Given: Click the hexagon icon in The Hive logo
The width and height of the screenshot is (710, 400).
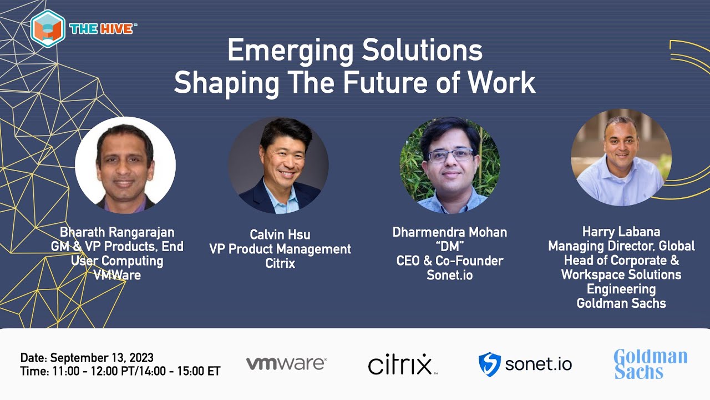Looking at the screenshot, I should (x=48, y=28).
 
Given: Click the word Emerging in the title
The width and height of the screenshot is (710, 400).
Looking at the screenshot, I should (x=290, y=52).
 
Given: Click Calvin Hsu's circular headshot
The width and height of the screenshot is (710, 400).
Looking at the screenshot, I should (x=278, y=165).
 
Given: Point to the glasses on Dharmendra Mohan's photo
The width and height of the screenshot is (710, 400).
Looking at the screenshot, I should (x=450, y=154).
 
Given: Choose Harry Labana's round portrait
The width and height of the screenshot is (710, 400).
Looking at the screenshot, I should (x=621, y=158).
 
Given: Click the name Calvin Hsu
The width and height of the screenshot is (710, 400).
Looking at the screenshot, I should (x=280, y=235).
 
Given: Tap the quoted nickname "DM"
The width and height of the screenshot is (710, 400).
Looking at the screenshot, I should (x=449, y=246).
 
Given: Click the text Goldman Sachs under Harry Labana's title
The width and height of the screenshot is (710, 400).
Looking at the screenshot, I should (x=621, y=303).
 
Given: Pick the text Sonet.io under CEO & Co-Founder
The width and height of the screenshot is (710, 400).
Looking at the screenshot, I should (x=449, y=274).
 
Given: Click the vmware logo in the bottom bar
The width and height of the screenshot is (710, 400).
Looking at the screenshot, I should (x=286, y=364).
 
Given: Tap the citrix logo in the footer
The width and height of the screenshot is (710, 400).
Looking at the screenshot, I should (x=401, y=364).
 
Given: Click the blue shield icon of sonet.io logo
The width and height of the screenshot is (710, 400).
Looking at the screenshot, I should (x=489, y=364).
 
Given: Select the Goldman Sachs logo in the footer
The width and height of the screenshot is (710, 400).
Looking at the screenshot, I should (x=650, y=364).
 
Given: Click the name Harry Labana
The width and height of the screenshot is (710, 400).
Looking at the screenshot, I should (x=621, y=231).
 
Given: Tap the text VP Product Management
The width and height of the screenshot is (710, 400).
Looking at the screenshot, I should (x=280, y=249).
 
